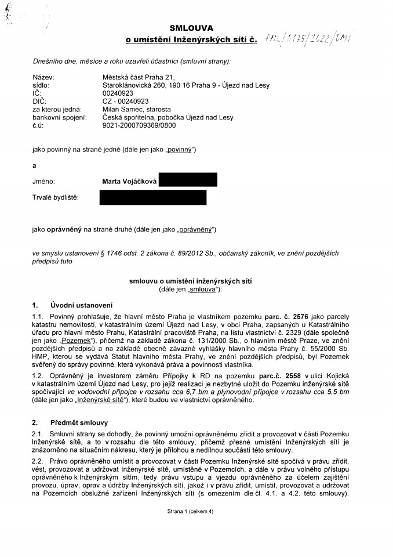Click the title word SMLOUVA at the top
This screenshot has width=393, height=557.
191,28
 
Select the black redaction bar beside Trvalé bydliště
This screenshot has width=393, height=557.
152,197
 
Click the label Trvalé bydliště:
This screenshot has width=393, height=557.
55,198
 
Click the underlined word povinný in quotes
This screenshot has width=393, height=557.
181,150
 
